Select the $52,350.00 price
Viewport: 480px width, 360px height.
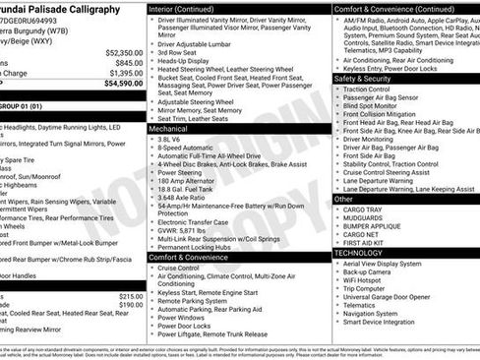tap(122, 51)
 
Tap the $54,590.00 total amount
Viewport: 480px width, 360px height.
tap(122, 84)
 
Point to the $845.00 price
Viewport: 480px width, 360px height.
tap(128, 62)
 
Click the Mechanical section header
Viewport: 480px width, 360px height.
tap(168, 128)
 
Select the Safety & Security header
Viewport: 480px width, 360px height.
tap(362, 78)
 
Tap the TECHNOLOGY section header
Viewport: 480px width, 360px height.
tap(357, 252)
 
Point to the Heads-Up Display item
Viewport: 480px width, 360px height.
tap(187, 60)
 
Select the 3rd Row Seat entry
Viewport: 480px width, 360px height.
tap(179, 51)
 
